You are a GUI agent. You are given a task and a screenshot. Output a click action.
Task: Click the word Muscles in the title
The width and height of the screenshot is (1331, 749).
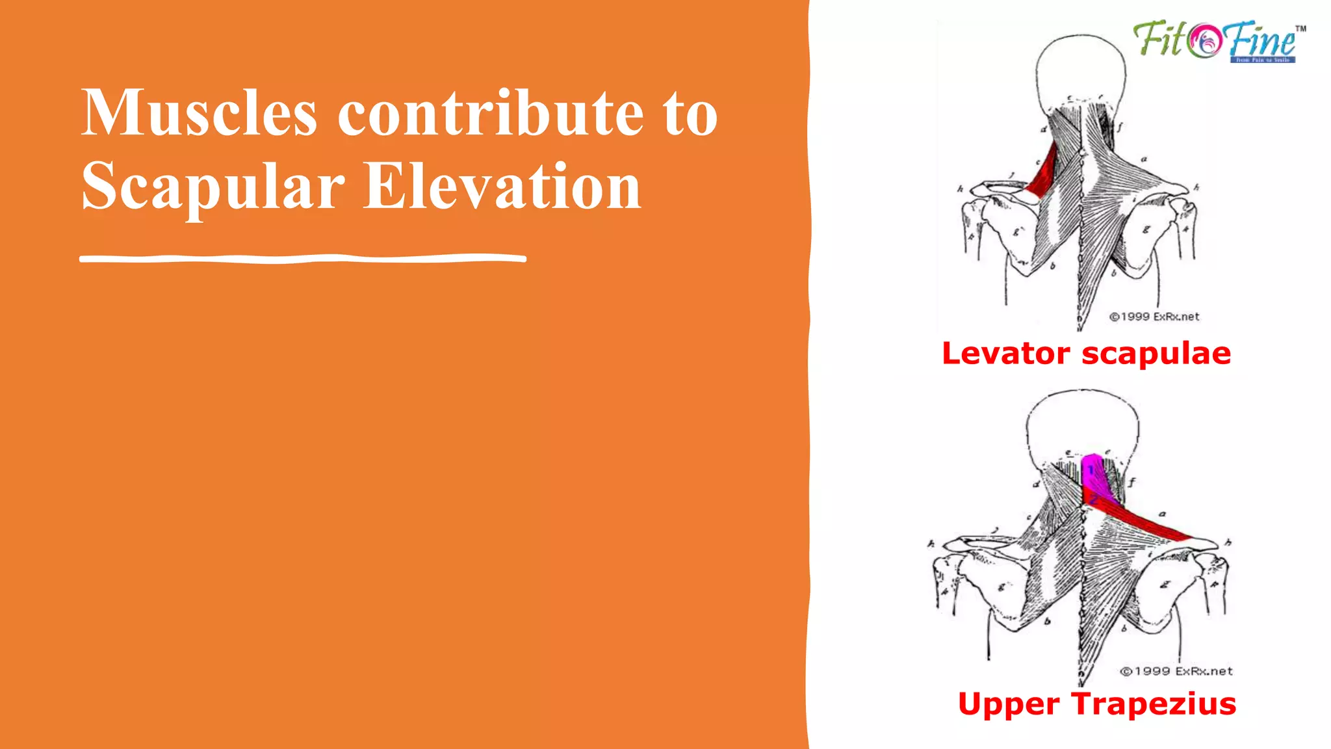[x=199, y=113]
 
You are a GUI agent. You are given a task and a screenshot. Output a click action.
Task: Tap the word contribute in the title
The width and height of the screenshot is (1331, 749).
[x=490, y=113]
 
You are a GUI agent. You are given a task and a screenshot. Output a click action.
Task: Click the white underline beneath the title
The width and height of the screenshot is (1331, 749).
[x=303, y=259]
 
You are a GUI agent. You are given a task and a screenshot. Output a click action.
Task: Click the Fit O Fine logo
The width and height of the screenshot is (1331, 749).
[x=1215, y=42]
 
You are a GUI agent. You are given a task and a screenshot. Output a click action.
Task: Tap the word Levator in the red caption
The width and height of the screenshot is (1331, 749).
[x=1005, y=354]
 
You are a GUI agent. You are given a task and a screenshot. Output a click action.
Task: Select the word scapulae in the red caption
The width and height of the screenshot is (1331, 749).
[x=1156, y=354]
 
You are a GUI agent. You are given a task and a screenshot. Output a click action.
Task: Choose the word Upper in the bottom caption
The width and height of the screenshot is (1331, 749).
[x=1008, y=704]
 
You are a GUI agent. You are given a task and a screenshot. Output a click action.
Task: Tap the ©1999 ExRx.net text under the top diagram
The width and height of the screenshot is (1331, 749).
[x=1154, y=317]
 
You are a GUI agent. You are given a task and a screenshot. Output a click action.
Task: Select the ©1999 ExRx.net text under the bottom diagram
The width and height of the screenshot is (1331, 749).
[x=1176, y=671]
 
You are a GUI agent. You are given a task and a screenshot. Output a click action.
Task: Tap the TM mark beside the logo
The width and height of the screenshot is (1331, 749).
[x=1300, y=29]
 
